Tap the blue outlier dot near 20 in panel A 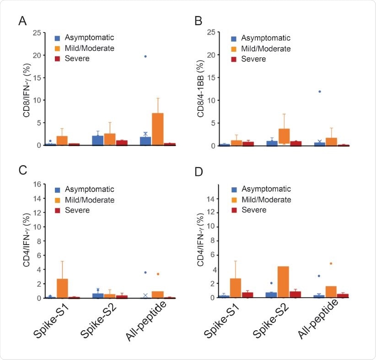click(x=145, y=56)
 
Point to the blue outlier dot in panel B click(x=320, y=92)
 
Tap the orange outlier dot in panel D click(x=331, y=263)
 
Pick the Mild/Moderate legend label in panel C click(x=90, y=200)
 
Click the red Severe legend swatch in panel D click(x=234, y=210)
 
